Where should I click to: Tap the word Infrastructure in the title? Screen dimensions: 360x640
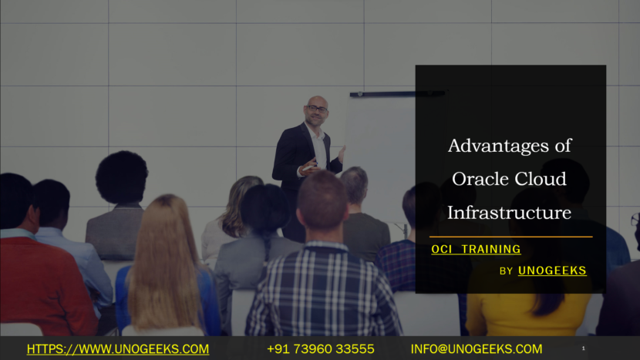pyautogui.click(x=509, y=212)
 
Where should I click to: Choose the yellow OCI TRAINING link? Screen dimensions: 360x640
pyautogui.click(x=475, y=249)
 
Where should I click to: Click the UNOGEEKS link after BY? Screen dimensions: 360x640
pyautogui.click(x=552, y=270)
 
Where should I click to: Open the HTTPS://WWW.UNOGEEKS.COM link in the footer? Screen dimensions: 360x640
pyautogui.click(x=118, y=349)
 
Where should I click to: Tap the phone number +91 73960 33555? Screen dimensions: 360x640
pyautogui.click(x=321, y=349)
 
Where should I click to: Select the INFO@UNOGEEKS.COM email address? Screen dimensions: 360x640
pyautogui.click(x=477, y=349)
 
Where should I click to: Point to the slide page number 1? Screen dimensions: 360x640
pyautogui.click(x=583, y=349)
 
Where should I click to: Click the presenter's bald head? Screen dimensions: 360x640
pyautogui.click(x=316, y=103)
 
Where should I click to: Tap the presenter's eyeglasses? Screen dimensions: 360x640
pyautogui.click(x=317, y=109)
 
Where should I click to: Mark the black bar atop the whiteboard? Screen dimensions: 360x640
pyautogui.click(x=397, y=93)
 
